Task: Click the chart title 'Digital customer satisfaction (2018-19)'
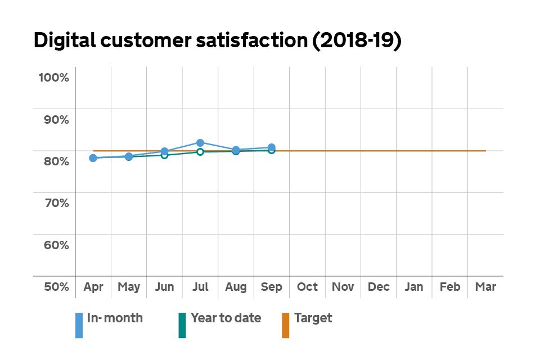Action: point(217,41)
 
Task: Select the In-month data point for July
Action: point(200,143)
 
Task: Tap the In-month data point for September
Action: point(271,147)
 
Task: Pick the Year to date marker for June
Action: point(164,155)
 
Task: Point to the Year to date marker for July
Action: point(200,152)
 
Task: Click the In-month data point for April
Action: point(93,158)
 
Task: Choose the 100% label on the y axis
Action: point(53,77)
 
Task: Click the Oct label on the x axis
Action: point(307,287)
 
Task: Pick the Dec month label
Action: point(379,287)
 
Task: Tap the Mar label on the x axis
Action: point(485,287)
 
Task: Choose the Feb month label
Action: point(450,287)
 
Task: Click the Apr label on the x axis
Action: point(93,287)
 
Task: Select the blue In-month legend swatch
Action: point(79,325)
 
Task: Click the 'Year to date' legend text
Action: point(226,318)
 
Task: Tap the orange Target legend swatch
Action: point(285,325)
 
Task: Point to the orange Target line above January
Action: point(414,151)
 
